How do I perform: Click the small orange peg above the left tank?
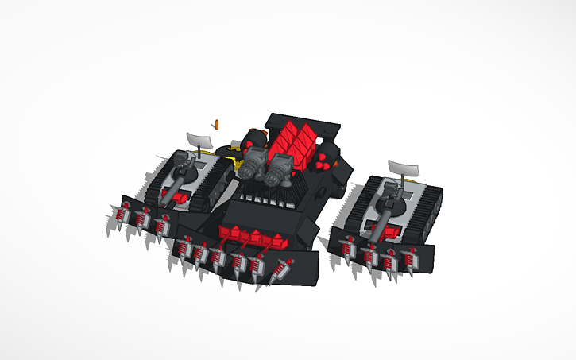pos(215,124)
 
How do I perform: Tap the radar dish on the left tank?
pos(199,140)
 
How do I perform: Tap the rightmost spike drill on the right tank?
pos(410,260)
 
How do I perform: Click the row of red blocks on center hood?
pos(250,236)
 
